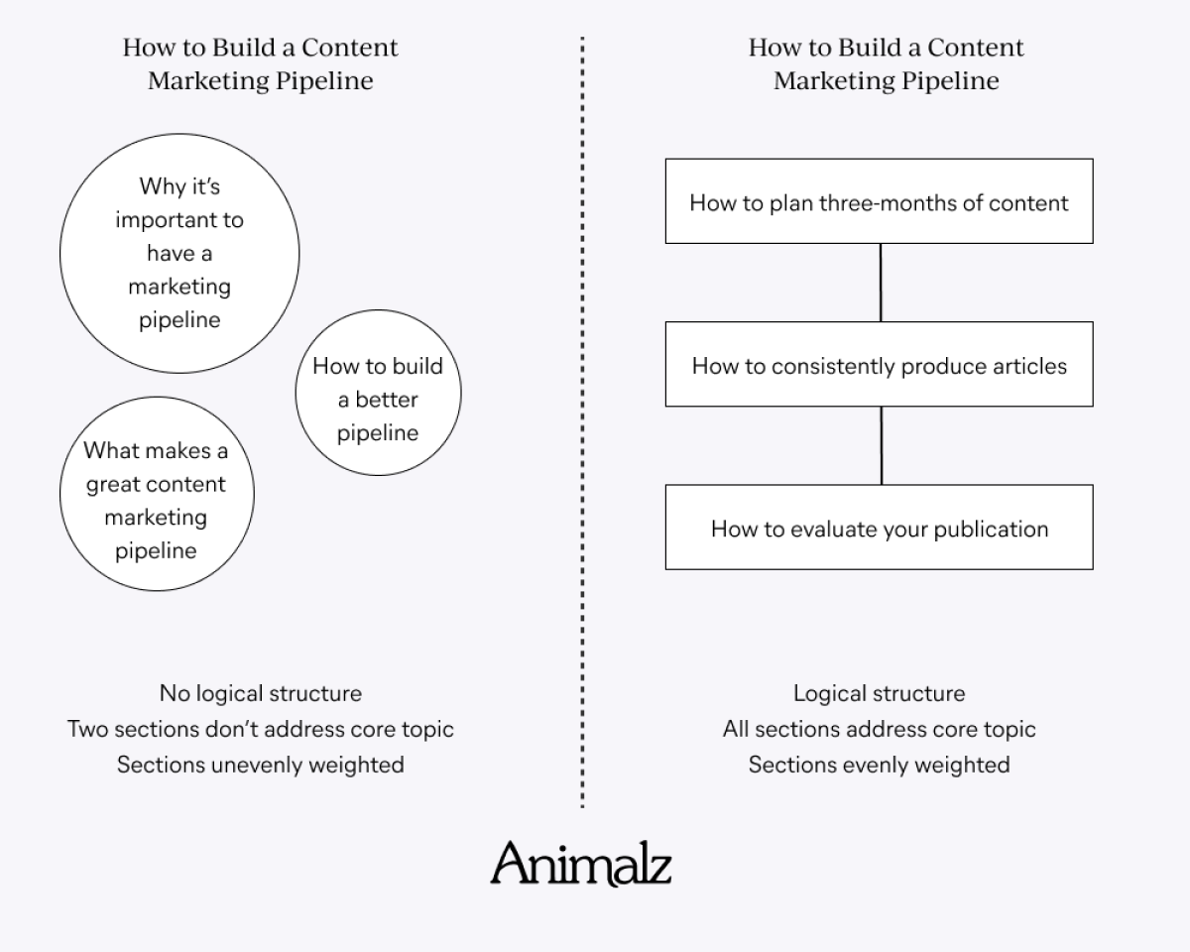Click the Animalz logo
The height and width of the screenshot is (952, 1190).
click(x=581, y=864)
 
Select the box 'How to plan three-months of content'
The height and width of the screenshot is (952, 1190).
click(x=880, y=201)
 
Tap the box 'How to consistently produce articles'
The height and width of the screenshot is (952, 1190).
click(x=880, y=364)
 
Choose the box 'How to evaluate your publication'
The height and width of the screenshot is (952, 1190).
click(x=880, y=528)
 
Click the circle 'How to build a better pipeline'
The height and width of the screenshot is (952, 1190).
click(x=378, y=393)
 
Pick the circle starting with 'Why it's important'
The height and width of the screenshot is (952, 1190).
click(x=179, y=253)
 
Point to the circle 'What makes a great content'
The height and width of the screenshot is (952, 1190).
click(x=157, y=494)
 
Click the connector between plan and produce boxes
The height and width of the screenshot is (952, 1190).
click(x=881, y=283)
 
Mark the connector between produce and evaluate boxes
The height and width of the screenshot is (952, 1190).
click(x=881, y=446)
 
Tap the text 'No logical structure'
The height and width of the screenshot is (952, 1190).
click(x=261, y=694)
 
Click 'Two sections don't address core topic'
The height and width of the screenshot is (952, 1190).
click(x=261, y=729)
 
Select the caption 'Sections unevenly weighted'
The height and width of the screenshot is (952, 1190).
click(x=261, y=765)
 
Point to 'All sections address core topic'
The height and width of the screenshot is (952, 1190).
click(x=880, y=729)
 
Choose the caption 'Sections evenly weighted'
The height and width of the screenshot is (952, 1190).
click(x=880, y=765)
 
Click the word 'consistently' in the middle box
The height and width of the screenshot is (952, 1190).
click(x=833, y=367)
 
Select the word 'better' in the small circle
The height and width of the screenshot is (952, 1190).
click(x=387, y=400)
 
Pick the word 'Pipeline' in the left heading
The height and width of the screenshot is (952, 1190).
click(x=324, y=81)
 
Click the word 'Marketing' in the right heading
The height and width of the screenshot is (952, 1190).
click(x=834, y=81)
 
